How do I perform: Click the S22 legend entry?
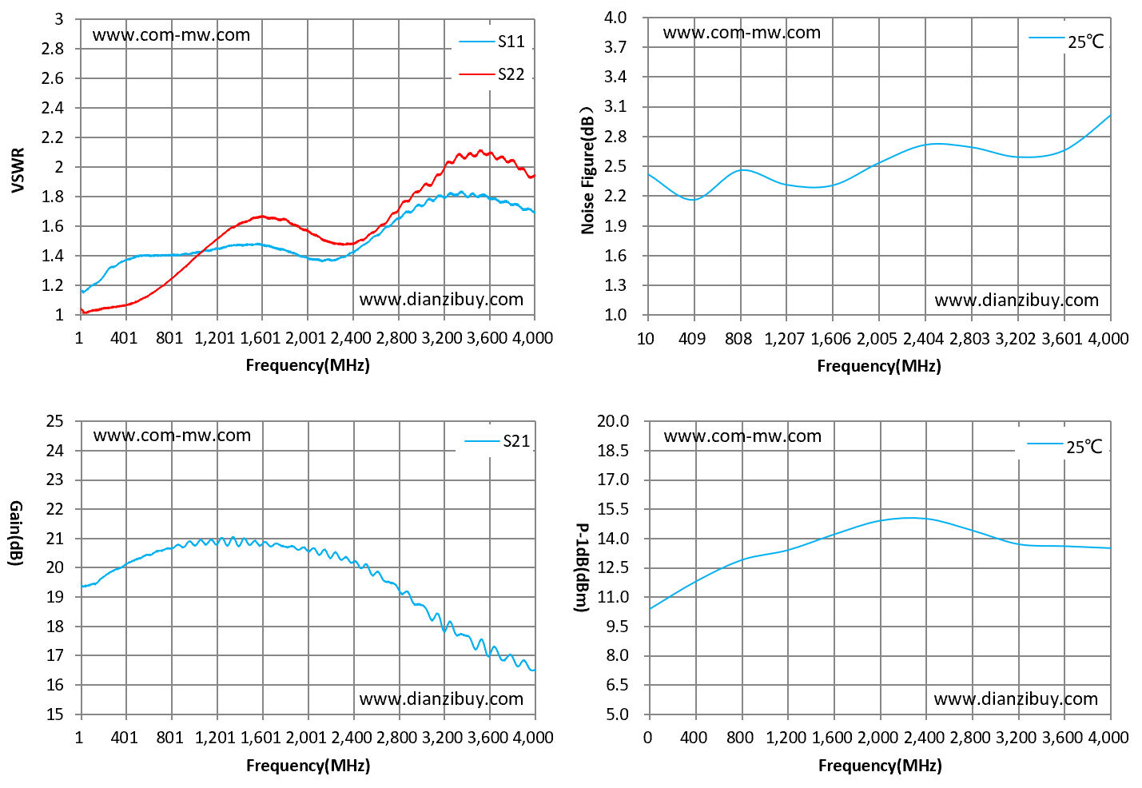[492, 74]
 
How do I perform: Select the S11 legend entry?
[492, 42]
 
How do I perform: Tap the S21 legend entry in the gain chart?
[498, 441]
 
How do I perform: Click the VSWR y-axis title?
[18, 170]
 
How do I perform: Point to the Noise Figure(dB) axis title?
[588, 171]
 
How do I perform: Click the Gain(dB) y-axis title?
[16, 533]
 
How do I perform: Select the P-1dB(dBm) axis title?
[583, 567]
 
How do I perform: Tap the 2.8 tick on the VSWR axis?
[53, 49]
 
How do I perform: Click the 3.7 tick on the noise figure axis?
[615, 47]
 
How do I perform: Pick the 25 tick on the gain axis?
[55, 421]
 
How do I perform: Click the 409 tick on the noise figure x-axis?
[692, 338]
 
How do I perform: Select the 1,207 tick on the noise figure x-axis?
[784, 338]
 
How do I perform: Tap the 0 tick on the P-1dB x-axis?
[647, 738]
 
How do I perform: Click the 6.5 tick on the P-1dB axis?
[618, 685]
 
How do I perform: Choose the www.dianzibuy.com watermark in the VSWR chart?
[441, 299]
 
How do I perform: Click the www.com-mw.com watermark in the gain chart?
[172, 436]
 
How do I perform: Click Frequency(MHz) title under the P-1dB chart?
[880, 765]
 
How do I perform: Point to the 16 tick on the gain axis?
[55, 685]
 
